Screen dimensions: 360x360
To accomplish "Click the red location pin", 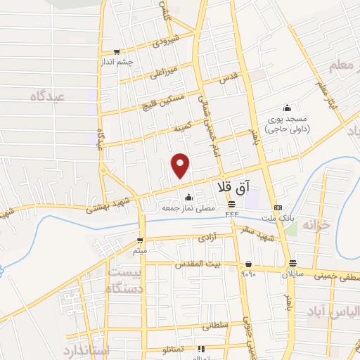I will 181,165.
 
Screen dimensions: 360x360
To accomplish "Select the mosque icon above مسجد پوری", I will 286,108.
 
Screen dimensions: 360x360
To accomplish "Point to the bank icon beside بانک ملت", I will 278,207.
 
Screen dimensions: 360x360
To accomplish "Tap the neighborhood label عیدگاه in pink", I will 46,96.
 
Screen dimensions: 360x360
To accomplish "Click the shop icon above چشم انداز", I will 117,51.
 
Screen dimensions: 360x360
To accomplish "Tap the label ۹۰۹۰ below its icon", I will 248,274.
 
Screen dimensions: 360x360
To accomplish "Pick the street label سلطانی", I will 216,326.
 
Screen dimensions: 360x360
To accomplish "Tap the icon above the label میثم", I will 141,240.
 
